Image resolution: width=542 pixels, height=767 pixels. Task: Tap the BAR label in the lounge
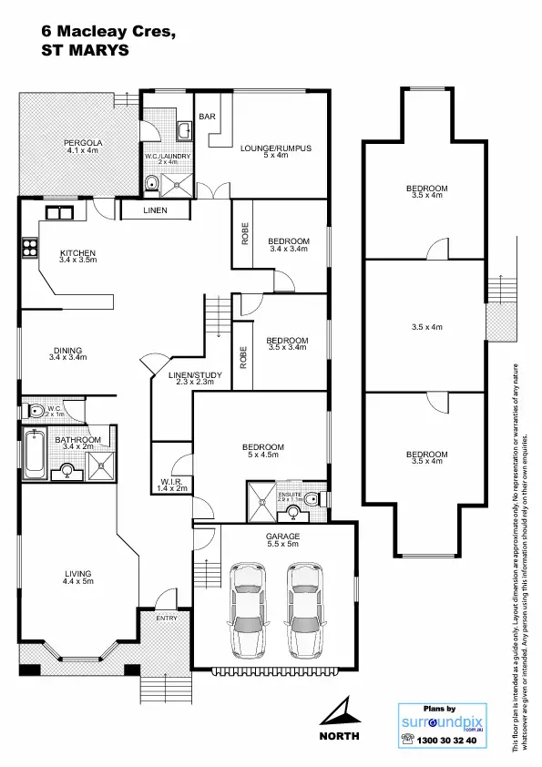[x=207, y=118]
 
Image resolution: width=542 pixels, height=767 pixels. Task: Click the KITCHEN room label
[x=77, y=253]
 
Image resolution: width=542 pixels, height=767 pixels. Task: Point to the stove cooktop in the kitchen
[x=27, y=246]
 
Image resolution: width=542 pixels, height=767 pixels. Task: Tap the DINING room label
[x=67, y=351]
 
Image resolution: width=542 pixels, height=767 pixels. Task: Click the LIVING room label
[x=77, y=573]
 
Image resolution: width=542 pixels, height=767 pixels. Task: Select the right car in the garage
[x=305, y=610]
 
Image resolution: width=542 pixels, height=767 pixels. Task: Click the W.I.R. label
[x=171, y=482]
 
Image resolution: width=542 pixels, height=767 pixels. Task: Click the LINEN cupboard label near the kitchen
[x=156, y=211]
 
